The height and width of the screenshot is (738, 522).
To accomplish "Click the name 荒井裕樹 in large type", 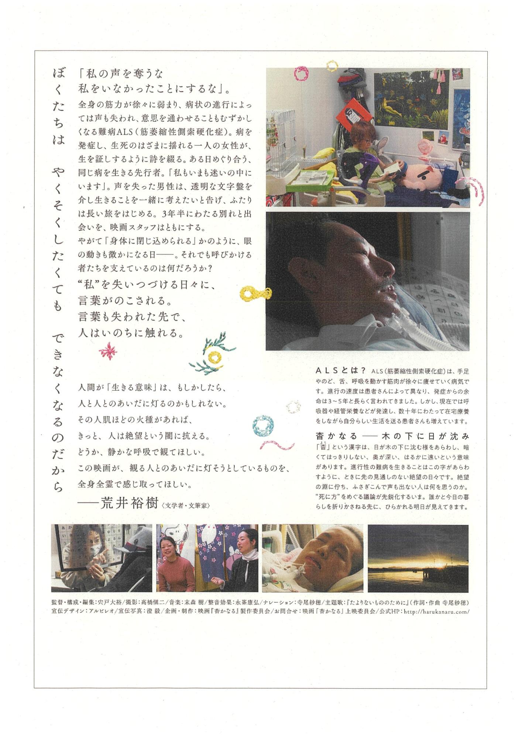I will (x=129, y=503).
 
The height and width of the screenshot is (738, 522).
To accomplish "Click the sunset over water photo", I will (x=418, y=558).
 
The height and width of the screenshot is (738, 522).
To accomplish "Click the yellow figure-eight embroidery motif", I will (x=255, y=293).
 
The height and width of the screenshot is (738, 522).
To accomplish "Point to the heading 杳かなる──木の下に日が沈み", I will (x=392, y=436).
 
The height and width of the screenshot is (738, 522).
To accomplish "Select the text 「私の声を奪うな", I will (x=121, y=74).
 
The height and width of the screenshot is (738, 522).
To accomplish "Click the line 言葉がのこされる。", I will (x=126, y=301).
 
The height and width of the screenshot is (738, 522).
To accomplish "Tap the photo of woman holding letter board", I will (x=102, y=558).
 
